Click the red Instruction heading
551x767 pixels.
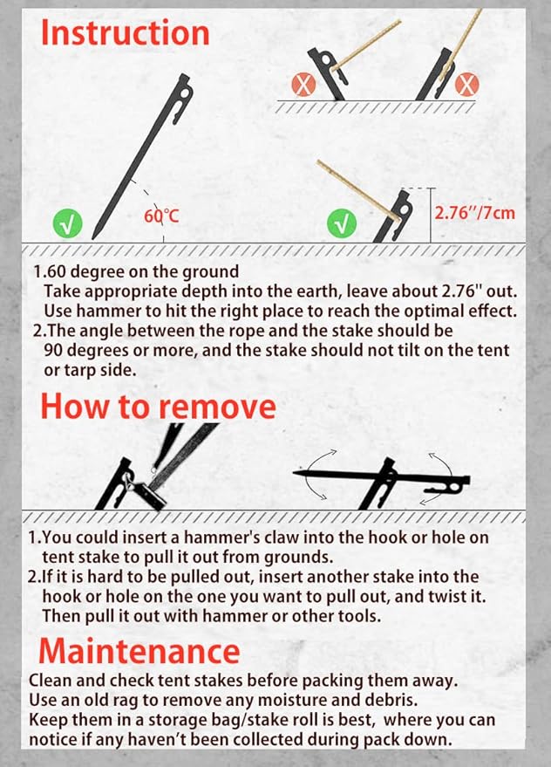click(x=126, y=33)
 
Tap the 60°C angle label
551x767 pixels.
click(x=162, y=214)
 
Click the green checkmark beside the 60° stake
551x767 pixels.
click(x=69, y=225)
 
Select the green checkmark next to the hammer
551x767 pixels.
click(x=342, y=224)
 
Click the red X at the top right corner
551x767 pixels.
click(x=468, y=85)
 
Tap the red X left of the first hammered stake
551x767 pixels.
click(x=306, y=85)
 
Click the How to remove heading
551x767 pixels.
click(x=158, y=406)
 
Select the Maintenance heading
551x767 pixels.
click(x=139, y=650)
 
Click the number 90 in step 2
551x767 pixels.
click(x=54, y=349)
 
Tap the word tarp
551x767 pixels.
click(x=73, y=368)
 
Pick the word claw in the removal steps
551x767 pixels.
click(x=287, y=538)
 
